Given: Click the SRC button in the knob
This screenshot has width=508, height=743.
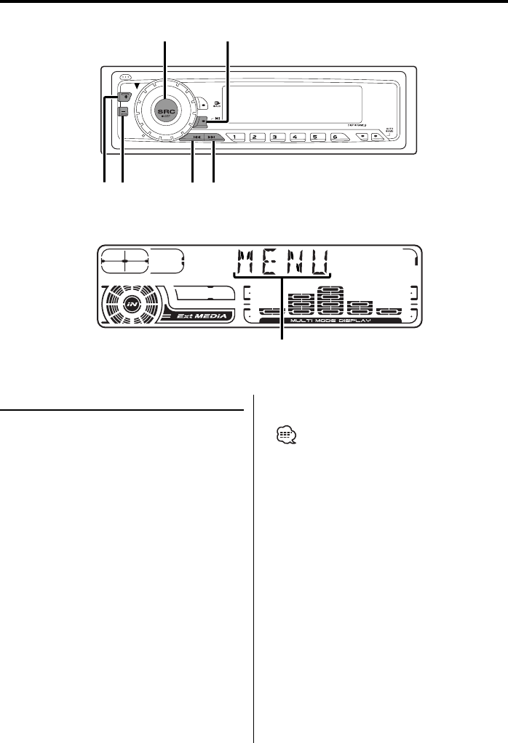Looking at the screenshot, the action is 166,107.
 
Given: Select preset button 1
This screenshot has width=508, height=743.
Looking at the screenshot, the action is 236,137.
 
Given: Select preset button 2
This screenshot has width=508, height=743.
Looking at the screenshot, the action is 255,137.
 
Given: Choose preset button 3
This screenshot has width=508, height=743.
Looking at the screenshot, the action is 275,137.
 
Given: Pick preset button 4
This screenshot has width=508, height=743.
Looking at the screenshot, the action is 295,137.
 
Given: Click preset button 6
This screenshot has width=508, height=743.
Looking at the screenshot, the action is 334,137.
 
